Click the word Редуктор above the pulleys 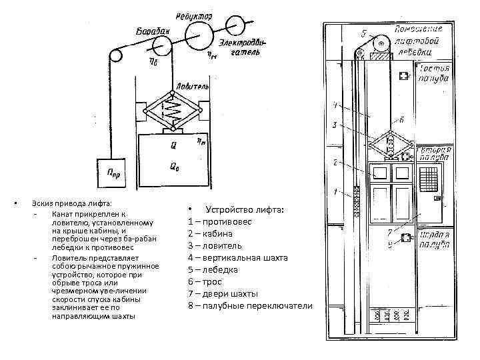[x=194, y=15]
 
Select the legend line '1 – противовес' [x=220, y=221]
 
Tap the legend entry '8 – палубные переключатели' [x=250, y=305]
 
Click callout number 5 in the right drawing [x=363, y=33]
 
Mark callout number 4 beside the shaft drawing [x=335, y=105]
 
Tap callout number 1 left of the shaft [x=334, y=193]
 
